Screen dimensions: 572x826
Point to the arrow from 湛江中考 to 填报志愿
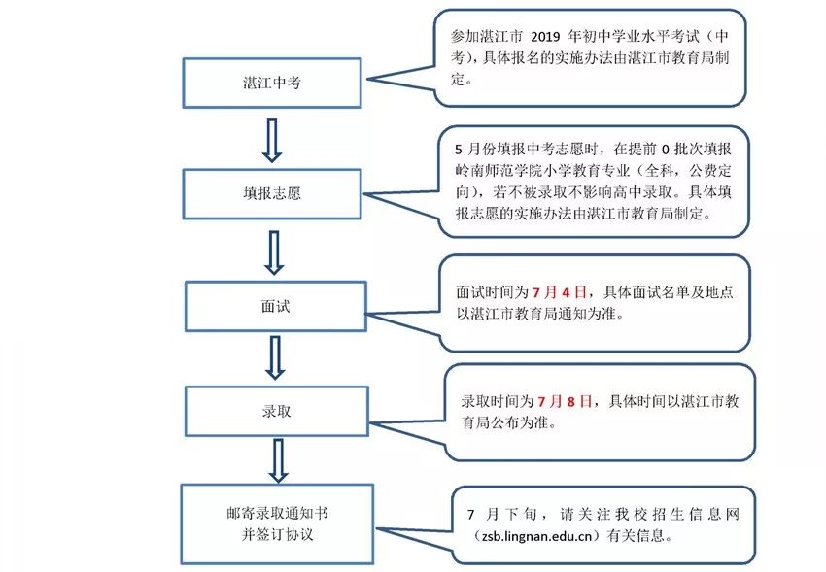coord(273,139)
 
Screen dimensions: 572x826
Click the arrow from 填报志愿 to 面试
coord(274,251)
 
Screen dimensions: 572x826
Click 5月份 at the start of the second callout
coord(474,150)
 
